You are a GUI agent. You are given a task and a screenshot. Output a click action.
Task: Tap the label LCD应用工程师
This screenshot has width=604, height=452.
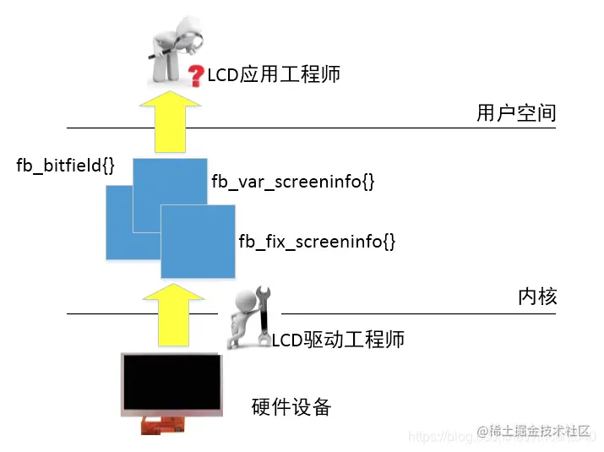(273, 75)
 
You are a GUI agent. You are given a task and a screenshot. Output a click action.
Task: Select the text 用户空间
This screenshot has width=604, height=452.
(515, 113)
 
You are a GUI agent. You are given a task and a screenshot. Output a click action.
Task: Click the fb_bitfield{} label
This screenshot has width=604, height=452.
(65, 165)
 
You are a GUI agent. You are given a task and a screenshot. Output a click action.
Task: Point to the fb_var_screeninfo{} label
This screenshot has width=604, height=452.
(292, 182)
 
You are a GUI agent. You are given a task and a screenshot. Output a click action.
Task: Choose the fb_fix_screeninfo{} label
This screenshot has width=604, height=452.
(317, 241)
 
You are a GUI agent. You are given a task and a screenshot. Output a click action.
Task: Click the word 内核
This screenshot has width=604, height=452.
(537, 297)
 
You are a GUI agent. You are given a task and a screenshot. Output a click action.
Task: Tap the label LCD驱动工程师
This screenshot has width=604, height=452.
(338, 340)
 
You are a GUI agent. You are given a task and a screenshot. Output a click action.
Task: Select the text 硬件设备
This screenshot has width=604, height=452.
(291, 407)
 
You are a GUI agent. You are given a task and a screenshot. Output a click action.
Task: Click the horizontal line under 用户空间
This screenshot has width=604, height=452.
(338, 128)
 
